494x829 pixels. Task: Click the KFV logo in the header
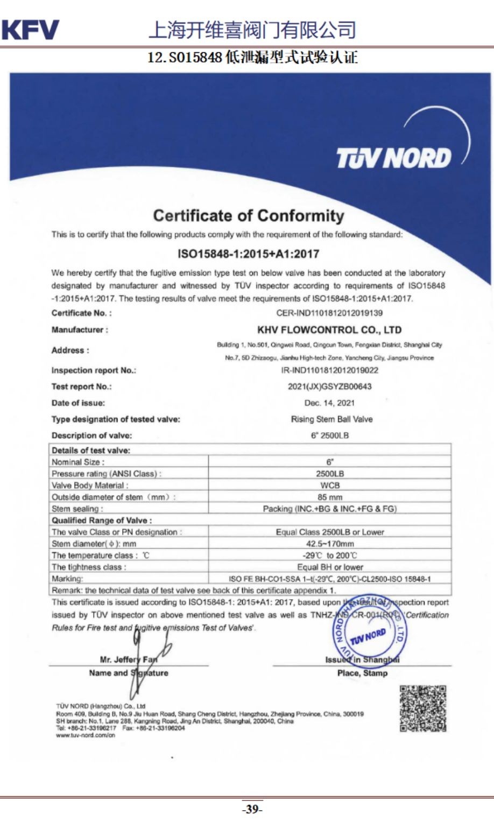click(x=30, y=30)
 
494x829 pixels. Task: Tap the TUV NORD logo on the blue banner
click(x=393, y=158)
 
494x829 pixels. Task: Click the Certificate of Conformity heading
click(x=248, y=216)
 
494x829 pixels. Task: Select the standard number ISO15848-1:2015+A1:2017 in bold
click(x=248, y=254)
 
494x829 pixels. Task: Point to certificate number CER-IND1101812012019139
click(x=329, y=313)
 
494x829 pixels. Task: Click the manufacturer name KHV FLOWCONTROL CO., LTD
click(x=329, y=330)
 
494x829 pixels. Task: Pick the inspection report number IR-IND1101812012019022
click(x=329, y=370)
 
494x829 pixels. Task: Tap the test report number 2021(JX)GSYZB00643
click(x=329, y=387)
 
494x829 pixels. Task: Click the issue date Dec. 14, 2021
click(x=329, y=403)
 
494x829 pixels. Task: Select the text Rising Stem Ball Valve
click(x=331, y=419)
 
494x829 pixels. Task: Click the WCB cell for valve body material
click(x=329, y=485)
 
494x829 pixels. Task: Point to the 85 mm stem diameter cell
click(x=329, y=497)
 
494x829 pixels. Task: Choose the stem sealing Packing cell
click(x=329, y=509)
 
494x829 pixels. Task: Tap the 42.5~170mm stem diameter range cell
click(x=329, y=544)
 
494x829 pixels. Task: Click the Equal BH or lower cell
click(x=329, y=567)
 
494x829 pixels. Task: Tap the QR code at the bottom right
click(x=423, y=708)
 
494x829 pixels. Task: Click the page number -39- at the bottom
click(x=251, y=809)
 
